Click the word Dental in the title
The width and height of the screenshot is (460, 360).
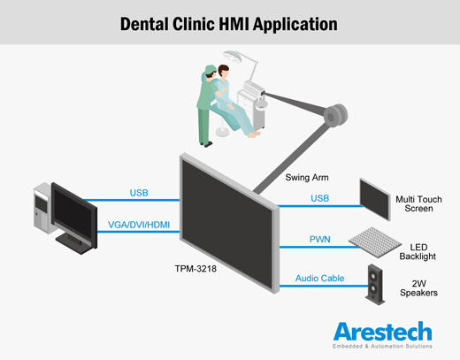[144, 24]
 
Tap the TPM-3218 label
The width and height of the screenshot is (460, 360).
[195, 269]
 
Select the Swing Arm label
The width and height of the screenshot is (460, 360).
[307, 178]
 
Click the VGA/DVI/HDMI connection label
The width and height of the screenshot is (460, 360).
[139, 225]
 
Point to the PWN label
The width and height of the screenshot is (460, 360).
[320, 239]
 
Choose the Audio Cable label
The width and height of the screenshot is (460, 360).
[320, 278]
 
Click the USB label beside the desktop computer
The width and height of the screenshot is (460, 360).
[139, 193]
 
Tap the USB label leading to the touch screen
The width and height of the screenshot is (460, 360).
[320, 198]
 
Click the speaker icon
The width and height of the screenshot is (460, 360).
[375, 284]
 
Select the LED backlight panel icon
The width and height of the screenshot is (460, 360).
[375, 242]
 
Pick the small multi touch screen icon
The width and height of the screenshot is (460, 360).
[375, 199]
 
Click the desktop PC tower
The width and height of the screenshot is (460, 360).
[42, 208]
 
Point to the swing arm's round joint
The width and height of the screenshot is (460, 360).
[335, 116]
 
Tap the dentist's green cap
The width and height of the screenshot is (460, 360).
[211, 70]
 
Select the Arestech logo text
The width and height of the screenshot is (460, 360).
[383, 332]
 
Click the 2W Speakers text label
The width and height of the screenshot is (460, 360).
[418, 288]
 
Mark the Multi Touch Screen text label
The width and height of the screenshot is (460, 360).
[418, 203]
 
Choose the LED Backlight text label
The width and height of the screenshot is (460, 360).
[418, 251]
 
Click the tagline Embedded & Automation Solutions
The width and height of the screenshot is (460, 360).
[382, 346]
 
